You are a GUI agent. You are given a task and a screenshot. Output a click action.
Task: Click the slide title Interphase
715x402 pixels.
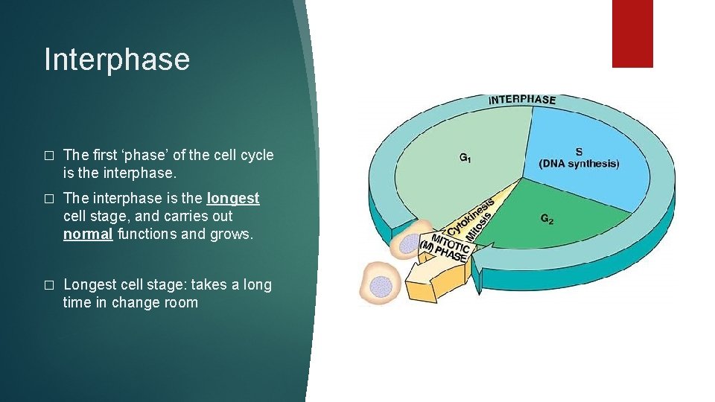(x=117, y=60)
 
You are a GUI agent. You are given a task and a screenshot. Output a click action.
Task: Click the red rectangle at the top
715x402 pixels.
(x=632, y=33)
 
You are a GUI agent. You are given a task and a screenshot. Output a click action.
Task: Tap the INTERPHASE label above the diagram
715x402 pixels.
(x=521, y=99)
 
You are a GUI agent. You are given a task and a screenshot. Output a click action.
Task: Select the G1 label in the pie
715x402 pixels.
(x=465, y=158)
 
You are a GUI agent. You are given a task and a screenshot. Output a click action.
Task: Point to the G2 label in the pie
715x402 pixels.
(x=547, y=219)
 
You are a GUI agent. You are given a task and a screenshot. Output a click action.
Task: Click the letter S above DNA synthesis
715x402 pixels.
(x=579, y=151)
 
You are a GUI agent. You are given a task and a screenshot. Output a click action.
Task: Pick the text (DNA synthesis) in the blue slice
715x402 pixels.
(x=579, y=164)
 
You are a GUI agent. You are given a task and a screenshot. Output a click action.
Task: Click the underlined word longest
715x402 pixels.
(x=233, y=199)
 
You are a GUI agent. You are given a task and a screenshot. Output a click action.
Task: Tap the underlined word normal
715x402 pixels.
(x=89, y=234)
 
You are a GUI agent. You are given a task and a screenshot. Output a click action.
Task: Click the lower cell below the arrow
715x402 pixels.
(x=380, y=284)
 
